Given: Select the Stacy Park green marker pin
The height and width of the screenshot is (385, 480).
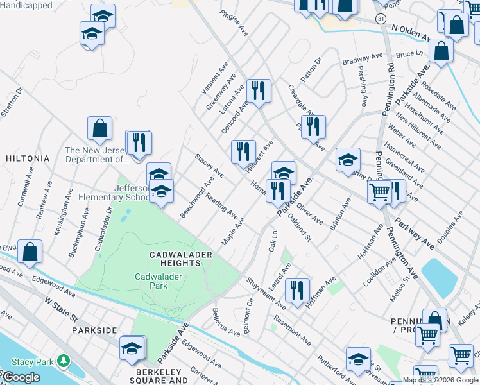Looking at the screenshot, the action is tap(63, 361).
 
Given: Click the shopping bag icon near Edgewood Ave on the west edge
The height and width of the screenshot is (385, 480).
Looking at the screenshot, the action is tap(30, 253).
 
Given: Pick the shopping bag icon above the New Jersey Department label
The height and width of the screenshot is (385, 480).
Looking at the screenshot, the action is tap(100, 130).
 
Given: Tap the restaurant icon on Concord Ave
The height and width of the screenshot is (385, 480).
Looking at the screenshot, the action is tap(259, 91).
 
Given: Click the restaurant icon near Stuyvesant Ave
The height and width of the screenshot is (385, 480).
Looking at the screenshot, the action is tap(298, 290).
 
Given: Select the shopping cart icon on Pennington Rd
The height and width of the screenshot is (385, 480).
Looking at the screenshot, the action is tap(380, 191).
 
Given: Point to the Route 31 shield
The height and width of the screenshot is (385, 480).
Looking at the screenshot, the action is tap(381, 20).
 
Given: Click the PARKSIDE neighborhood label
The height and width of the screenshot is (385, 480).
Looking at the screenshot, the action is tap(94, 330).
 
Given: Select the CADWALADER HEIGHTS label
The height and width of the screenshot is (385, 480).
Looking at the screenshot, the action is tap(181, 259).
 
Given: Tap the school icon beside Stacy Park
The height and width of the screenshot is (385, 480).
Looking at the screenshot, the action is tap(132, 348).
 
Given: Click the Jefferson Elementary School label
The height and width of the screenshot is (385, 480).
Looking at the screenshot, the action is tap(114, 193).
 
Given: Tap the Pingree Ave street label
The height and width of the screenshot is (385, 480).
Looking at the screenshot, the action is tap(234, 22).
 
